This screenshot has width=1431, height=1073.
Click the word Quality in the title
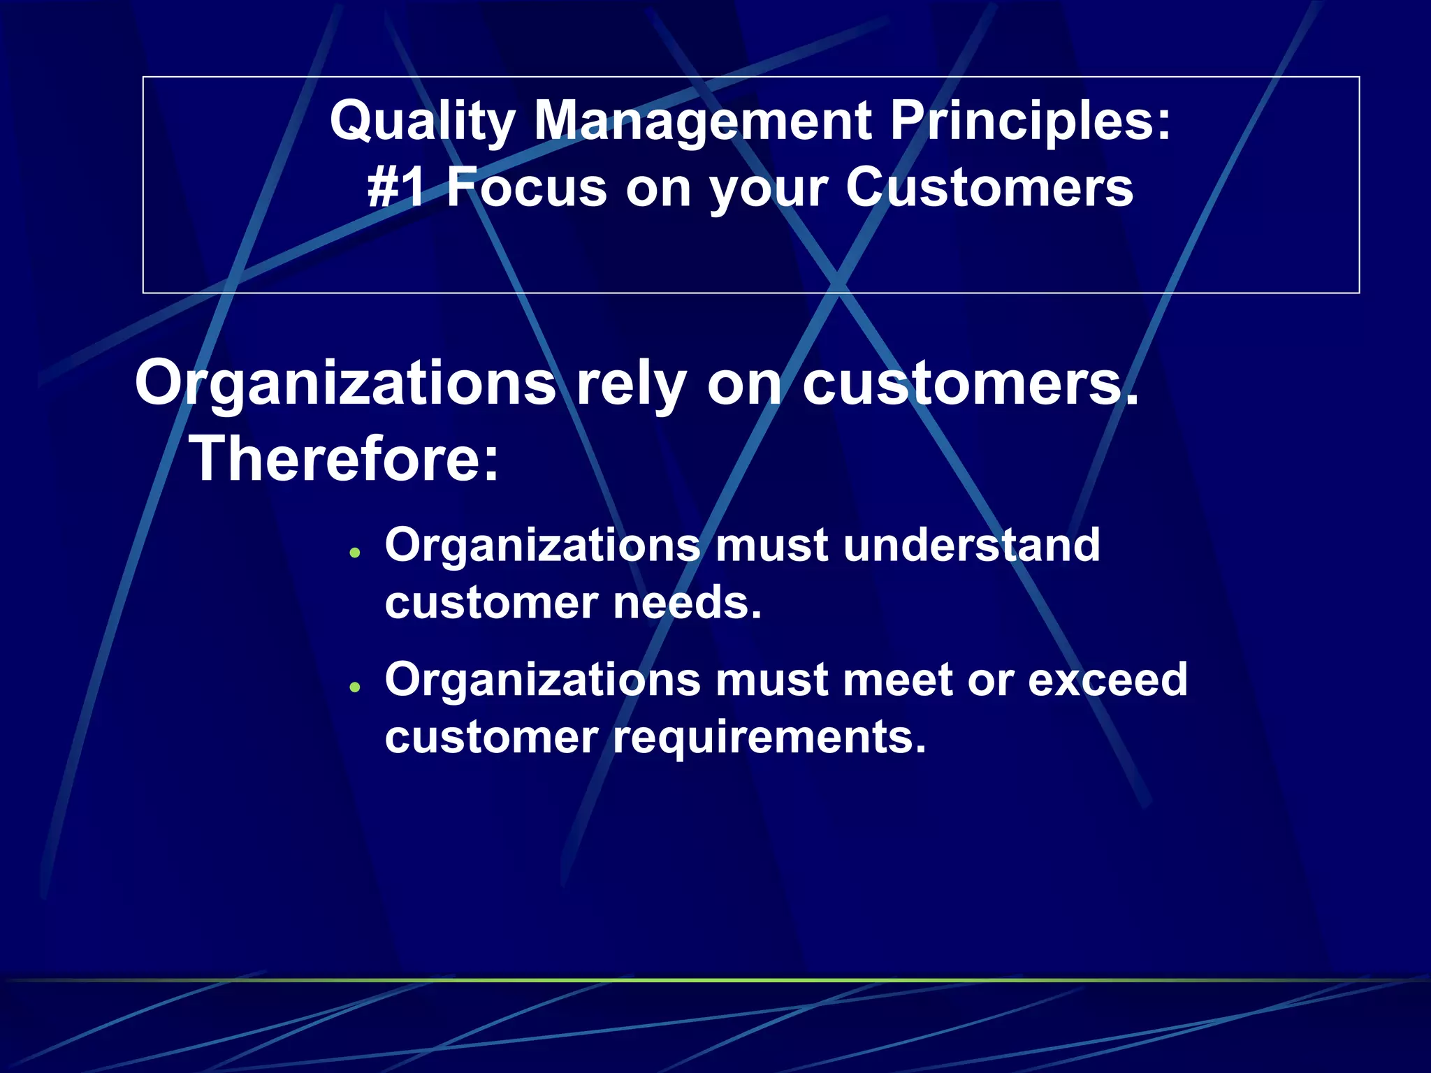(x=422, y=122)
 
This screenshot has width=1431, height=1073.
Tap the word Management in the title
(x=702, y=122)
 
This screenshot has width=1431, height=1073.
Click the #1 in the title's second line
(x=396, y=188)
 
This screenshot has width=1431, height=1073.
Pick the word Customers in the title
(x=989, y=188)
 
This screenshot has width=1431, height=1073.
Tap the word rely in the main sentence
(x=631, y=384)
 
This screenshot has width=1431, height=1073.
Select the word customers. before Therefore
(x=970, y=384)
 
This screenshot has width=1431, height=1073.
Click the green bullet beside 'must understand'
(x=356, y=553)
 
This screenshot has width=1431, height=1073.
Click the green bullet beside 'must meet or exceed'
(x=356, y=687)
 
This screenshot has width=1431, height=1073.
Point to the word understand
(x=971, y=545)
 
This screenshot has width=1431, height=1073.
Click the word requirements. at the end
(x=769, y=738)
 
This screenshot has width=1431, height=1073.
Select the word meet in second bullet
(x=898, y=679)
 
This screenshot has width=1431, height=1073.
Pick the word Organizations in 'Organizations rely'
(x=345, y=384)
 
